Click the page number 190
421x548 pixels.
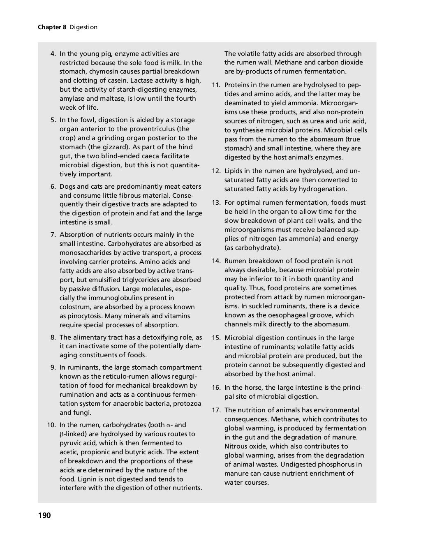(44, 515)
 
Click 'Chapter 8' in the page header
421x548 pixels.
(52, 27)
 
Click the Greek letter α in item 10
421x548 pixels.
(169, 425)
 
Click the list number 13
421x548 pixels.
(216, 203)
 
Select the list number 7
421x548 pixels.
(53, 235)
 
